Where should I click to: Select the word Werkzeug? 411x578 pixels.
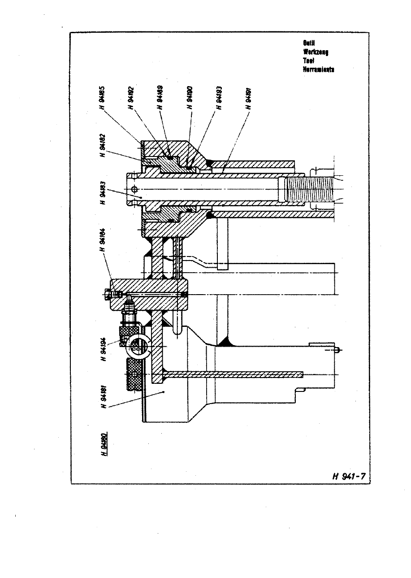[316, 52]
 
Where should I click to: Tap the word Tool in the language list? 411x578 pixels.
[308, 61]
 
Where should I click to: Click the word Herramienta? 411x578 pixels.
[319, 70]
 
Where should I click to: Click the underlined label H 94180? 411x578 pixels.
[104, 443]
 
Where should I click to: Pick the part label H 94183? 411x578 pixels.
[104, 192]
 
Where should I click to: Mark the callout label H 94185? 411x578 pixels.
[104, 98]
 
